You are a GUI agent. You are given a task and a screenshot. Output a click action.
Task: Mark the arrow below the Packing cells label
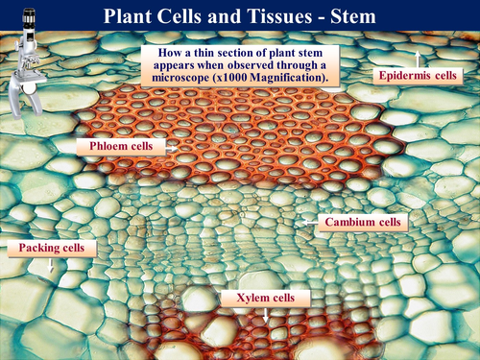pos(51,268)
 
